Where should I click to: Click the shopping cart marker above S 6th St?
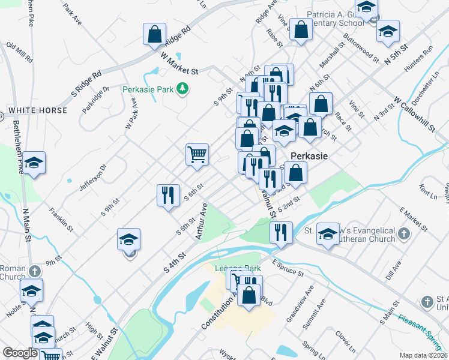[197, 155]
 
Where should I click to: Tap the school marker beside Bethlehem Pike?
[34, 163]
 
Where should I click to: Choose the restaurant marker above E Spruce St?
[280, 232]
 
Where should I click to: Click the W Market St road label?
[179, 63]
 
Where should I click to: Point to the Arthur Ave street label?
[201, 222]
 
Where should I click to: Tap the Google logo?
[20, 353]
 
